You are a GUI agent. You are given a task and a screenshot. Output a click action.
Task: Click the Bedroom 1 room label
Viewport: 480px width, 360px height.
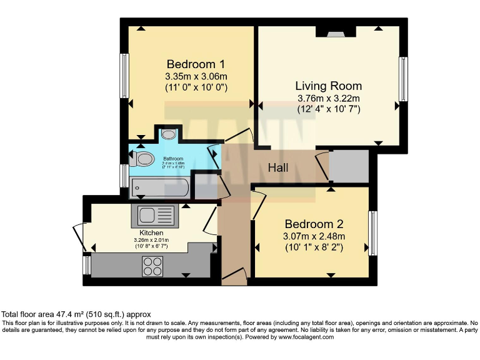196,64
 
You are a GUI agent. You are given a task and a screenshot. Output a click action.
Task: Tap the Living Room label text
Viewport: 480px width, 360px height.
328,86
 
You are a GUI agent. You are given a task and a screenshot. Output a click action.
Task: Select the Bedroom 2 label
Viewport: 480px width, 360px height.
314,224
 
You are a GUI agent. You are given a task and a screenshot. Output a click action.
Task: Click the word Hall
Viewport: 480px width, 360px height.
278,168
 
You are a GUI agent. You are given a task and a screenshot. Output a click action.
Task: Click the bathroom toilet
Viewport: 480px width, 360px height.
142,159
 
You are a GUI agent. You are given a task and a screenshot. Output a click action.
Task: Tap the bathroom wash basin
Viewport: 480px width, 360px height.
168,134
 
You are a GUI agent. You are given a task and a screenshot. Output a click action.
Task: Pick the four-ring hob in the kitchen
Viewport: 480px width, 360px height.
152,266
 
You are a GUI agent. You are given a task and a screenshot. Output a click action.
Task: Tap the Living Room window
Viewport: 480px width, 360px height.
404,79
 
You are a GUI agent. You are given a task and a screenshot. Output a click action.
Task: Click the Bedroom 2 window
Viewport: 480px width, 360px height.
373,233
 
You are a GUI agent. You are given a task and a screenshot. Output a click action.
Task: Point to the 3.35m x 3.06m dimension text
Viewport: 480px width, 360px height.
196,76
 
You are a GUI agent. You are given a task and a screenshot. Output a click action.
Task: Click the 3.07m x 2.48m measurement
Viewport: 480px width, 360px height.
314,236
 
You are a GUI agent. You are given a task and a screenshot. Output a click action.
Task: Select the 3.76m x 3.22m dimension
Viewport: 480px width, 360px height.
328,98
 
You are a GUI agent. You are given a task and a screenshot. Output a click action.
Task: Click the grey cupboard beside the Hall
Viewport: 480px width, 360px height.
349,166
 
